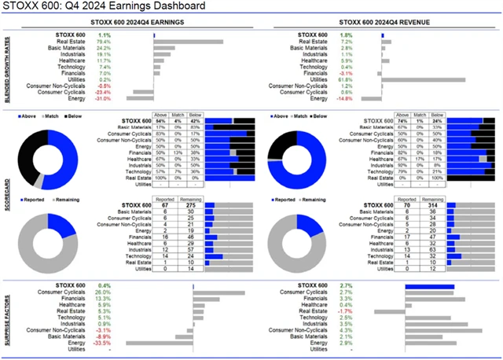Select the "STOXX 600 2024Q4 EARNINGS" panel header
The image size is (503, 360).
coord(144,23)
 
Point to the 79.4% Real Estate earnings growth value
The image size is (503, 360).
coord(103,42)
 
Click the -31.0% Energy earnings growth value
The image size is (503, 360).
coord(102,98)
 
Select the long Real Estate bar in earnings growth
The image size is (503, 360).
coord(189,42)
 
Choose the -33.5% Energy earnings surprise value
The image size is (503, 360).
coord(101,343)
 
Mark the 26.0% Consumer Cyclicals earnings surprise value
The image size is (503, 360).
coord(102,292)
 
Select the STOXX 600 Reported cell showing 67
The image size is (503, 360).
coord(165,206)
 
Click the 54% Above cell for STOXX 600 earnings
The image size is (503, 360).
coord(160,119)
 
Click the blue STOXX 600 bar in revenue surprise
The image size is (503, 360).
coord(431,286)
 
